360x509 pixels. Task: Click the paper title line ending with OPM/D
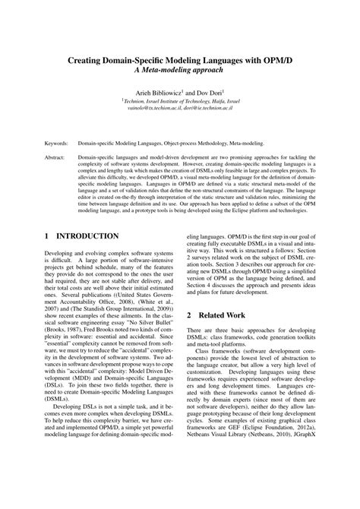click(x=179, y=58)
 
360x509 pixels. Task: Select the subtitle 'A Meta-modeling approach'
click(x=179, y=69)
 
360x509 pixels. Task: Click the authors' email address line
click(x=180, y=109)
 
